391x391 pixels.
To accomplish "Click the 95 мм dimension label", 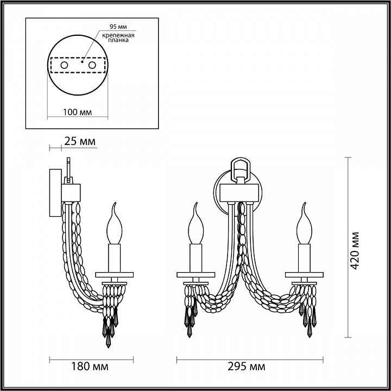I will tap(115, 26).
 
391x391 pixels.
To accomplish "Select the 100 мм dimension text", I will tap(77, 112).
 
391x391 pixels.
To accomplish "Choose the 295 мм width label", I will tap(250, 367).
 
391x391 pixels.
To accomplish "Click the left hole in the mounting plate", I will tap(64, 65).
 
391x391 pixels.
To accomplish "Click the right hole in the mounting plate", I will tap(92, 65).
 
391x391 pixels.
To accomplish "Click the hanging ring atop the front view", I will tap(239, 167).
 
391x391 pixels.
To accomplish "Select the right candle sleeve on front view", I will tap(302, 258).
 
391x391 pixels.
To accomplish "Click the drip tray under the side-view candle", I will tap(114, 273).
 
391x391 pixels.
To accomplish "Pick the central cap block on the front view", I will tap(239, 192).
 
